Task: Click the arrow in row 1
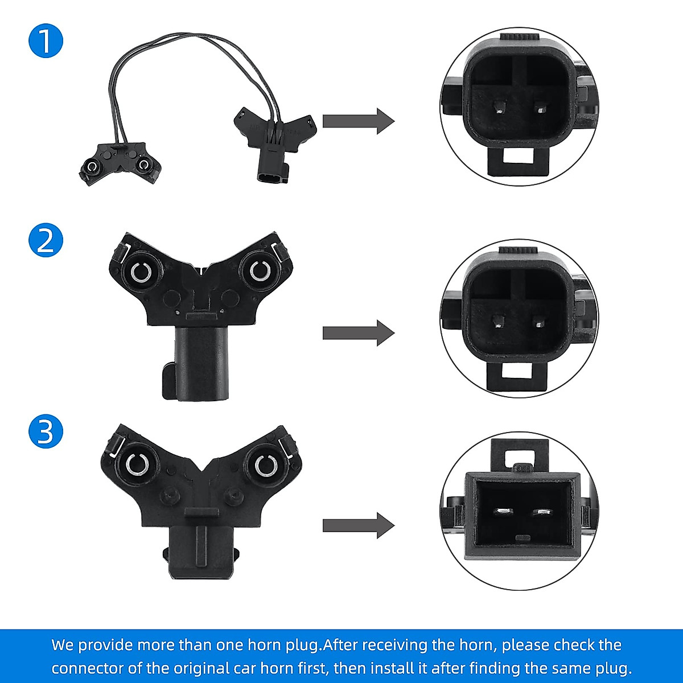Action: point(358,121)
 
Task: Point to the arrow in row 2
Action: point(358,333)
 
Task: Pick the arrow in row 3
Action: point(358,525)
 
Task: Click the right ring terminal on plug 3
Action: point(264,464)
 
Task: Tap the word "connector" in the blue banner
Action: point(84,667)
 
